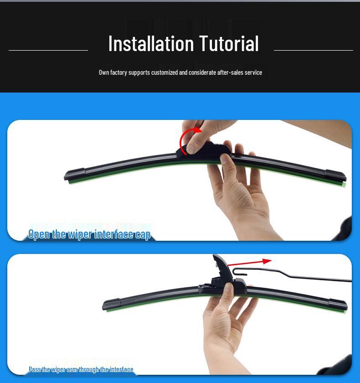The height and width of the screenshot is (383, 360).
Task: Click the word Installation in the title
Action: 151,44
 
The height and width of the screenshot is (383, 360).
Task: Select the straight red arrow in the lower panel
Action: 249,262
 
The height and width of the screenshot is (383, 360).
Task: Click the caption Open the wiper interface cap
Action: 89,234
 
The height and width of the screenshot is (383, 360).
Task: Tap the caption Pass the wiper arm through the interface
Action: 81,369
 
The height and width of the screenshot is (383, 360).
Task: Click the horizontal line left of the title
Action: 48,50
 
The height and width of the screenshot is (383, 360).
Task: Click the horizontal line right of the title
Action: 313,50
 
